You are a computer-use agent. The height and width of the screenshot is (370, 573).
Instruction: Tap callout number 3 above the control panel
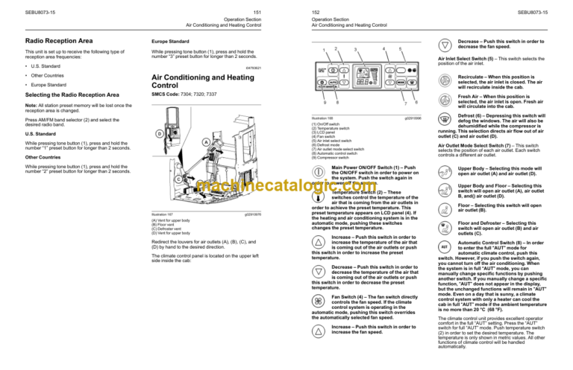tap(355, 50)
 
